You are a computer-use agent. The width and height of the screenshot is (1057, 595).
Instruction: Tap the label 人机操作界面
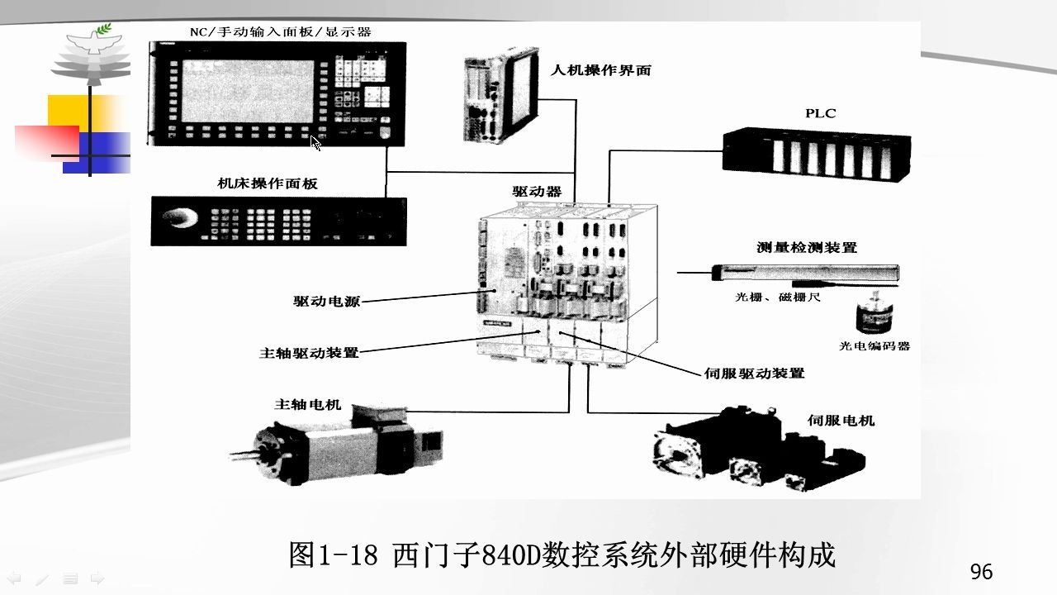(x=600, y=70)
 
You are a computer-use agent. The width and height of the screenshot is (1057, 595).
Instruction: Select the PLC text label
(x=821, y=113)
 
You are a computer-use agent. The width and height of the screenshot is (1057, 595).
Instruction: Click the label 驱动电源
(x=326, y=302)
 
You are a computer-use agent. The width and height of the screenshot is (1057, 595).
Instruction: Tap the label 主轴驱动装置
(x=309, y=352)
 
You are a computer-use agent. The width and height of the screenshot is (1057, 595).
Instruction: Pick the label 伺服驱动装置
(x=754, y=373)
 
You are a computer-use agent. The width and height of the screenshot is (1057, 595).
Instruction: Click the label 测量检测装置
(x=806, y=247)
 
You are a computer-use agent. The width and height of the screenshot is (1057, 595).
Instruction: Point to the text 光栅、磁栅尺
(x=778, y=297)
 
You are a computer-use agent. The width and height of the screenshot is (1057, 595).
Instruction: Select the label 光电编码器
(x=875, y=346)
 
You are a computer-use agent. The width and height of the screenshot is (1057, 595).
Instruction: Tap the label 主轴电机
(x=307, y=404)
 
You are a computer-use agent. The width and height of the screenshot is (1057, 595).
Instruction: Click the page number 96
(x=981, y=572)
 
